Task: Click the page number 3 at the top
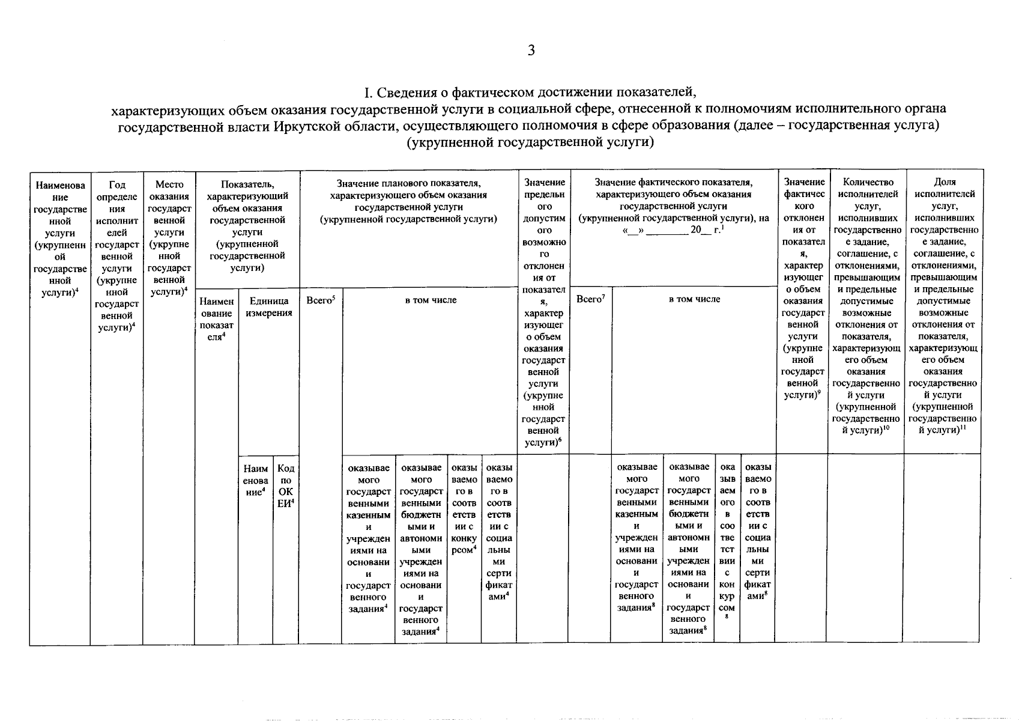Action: point(531,50)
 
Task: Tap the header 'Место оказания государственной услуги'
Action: point(169,237)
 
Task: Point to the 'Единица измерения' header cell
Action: point(269,306)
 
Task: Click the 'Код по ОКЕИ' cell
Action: point(286,486)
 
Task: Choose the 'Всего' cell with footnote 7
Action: point(591,299)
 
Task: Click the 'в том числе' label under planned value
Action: point(431,300)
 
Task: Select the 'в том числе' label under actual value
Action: point(694,299)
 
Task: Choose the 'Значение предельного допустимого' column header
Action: point(544,312)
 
